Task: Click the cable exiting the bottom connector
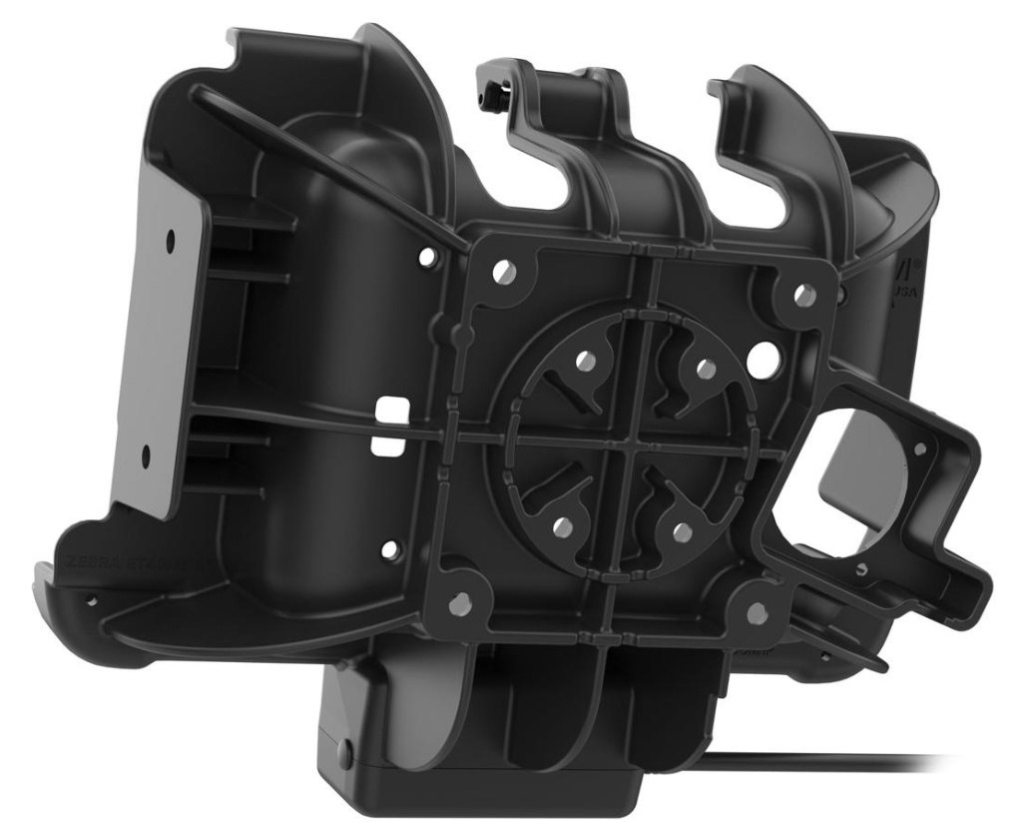point(848,761)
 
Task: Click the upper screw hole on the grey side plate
point(171,242)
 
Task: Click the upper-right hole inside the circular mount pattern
point(706,370)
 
